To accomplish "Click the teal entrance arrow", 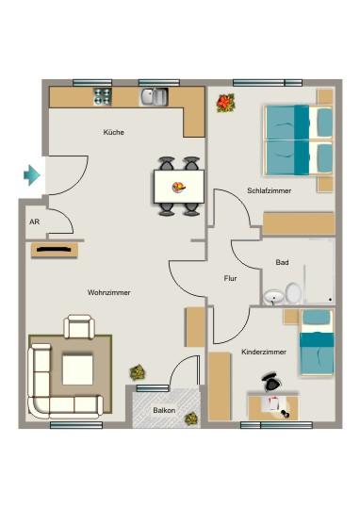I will [x=32, y=174].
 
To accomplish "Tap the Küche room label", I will [x=114, y=133].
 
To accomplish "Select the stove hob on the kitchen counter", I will [x=103, y=95].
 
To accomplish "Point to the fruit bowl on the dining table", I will [x=178, y=187].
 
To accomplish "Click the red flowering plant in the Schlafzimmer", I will [x=225, y=102].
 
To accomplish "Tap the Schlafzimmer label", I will [x=269, y=190].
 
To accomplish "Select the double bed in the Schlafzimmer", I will [x=298, y=139].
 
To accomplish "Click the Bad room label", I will [x=282, y=262].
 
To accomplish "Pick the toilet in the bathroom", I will [x=294, y=294].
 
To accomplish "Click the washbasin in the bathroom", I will [x=273, y=298].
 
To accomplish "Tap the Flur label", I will [x=230, y=279].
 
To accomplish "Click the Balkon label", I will [x=164, y=411].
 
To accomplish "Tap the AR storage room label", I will [x=34, y=223].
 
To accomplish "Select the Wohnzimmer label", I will [x=109, y=293].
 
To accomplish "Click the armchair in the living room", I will [x=80, y=328].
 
